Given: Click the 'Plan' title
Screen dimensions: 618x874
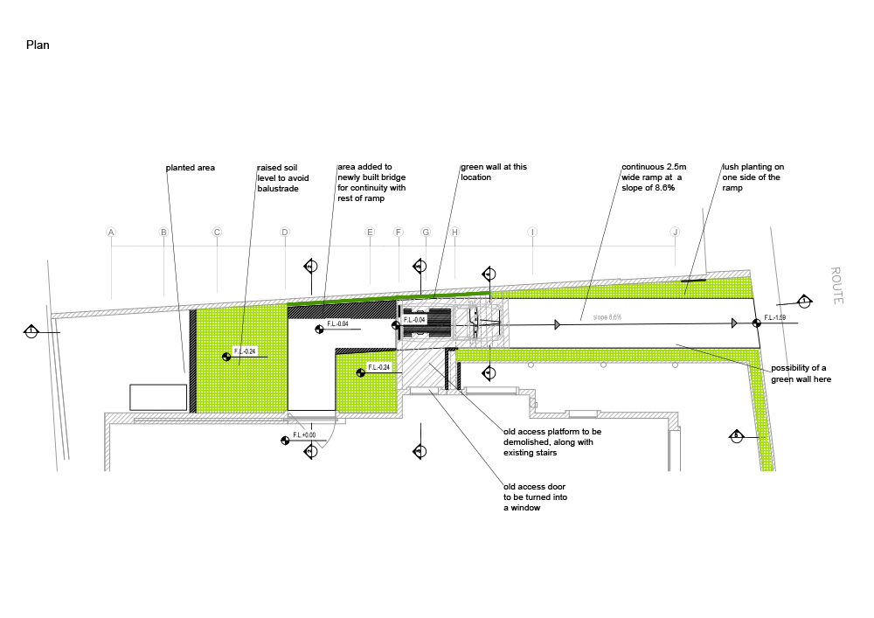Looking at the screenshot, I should point(38,45).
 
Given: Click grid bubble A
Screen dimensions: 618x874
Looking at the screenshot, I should point(111,233).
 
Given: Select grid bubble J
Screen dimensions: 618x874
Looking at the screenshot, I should point(675,233).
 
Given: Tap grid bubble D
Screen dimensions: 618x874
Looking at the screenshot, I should point(284,233).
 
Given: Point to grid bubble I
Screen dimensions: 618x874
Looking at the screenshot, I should point(531,233).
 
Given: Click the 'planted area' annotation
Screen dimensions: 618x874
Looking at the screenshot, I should point(191,167).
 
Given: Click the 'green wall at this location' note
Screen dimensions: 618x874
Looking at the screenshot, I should point(494,172).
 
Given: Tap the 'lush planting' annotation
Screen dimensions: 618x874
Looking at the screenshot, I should point(753,177).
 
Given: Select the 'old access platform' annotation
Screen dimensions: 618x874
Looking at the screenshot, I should point(552,442).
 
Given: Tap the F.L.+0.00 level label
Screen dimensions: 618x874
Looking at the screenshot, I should point(305,434).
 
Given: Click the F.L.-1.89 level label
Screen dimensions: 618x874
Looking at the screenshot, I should point(776,317).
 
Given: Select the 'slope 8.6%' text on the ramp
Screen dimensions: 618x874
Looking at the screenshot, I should point(607,317).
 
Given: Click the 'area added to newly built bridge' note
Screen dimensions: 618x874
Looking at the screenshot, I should point(371,182).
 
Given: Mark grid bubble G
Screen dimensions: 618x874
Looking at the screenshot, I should point(426,233).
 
